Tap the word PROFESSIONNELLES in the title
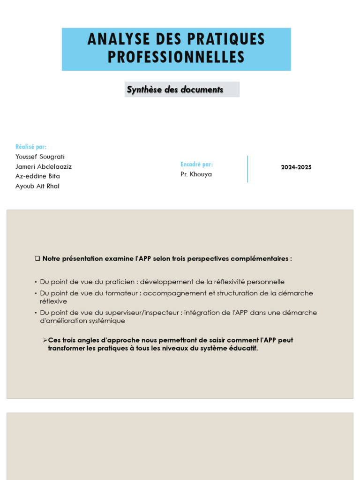click(176, 57)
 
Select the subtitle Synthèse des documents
click(175, 90)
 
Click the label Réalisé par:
click(31, 147)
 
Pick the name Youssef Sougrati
click(40, 157)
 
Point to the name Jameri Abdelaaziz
click(44, 166)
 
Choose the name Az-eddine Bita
click(37, 176)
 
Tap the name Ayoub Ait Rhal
click(37, 186)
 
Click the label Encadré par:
click(196, 165)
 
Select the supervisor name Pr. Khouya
click(196, 174)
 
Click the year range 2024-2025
click(296, 167)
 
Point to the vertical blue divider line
click(247, 169)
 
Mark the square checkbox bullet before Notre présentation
click(37, 259)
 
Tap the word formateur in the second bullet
click(125, 293)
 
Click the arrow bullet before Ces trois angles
click(45, 340)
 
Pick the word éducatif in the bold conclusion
click(243, 349)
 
